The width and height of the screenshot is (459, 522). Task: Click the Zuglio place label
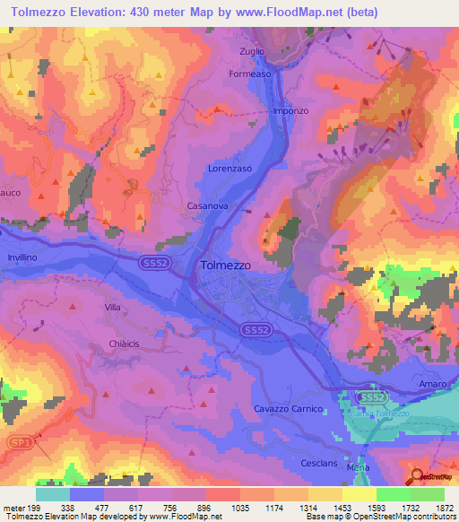[252, 51]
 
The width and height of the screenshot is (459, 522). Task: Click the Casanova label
[204, 205]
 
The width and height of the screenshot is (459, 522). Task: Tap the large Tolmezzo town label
[225, 265]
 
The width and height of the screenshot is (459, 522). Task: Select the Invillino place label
[22, 256]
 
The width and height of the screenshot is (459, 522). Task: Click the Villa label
[112, 308]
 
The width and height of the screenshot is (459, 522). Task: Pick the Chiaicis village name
[126, 343]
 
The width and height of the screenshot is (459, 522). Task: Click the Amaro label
[432, 384]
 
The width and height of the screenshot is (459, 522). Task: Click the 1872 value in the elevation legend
[444, 507]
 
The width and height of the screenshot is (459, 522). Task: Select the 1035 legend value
[240, 507]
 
